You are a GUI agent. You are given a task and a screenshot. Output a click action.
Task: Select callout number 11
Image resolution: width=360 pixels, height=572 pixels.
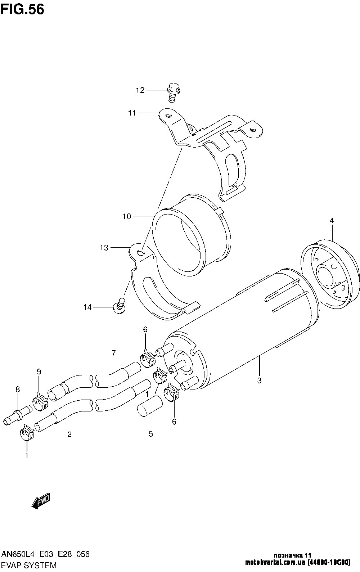(x=132, y=113)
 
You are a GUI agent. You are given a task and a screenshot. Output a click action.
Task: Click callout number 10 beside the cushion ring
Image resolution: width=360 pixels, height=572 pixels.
(x=127, y=216)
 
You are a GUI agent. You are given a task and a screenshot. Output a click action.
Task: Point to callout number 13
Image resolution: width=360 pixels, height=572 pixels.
(x=104, y=248)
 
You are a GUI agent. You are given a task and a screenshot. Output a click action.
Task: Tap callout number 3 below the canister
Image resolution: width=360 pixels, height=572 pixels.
(x=259, y=380)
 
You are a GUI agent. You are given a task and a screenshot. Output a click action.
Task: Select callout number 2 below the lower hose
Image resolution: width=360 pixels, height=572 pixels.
(x=69, y=434)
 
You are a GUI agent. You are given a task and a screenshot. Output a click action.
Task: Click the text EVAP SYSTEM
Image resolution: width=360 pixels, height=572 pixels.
(x=29, y=565)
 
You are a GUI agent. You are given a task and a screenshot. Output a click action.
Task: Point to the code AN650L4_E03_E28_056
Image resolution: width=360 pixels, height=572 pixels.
(x=45, y=554)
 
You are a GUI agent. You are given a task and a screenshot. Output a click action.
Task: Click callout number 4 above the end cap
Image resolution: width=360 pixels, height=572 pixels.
(x=332, y=220)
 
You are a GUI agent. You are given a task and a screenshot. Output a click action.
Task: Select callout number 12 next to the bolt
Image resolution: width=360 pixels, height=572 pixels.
(x=140, y=90)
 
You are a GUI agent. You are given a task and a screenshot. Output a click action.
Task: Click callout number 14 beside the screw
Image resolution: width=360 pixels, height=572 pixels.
(x=87, y=307)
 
